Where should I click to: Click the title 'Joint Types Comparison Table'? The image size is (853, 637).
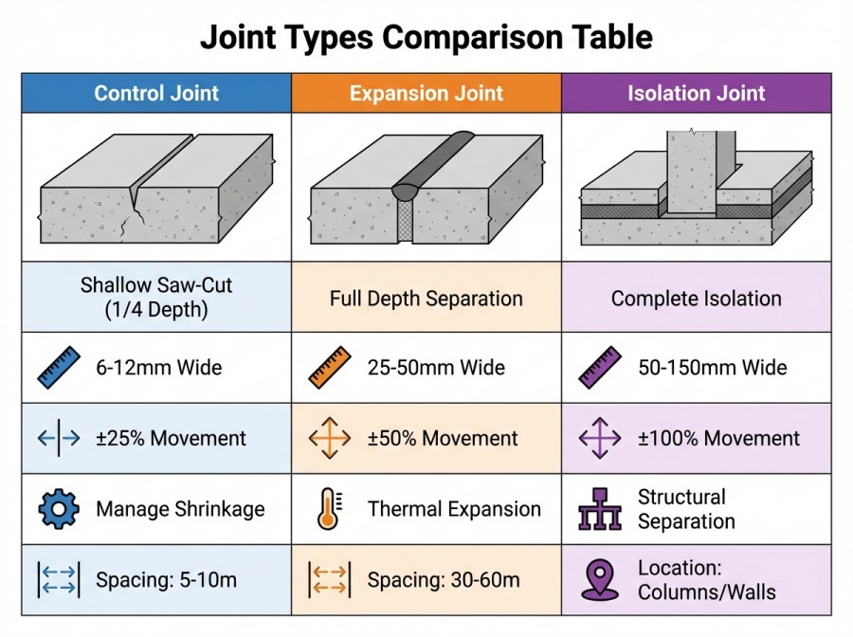click(x=426, y=37)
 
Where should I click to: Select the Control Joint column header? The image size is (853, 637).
click(x=156, y=93)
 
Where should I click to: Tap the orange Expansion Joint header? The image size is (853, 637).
click(x=426, y=93)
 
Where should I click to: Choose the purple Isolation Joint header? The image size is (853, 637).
click(x=696, y=93)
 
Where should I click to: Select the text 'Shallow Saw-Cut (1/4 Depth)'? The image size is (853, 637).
click(x=156, y=298)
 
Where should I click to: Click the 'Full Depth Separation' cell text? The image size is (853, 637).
click(x=426, y=299)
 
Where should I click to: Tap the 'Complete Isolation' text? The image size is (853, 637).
click(x=696, y=299)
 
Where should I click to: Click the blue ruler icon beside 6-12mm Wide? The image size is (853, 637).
click(x=59, y=368)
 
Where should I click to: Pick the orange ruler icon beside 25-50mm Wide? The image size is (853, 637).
click(x=329, y=368)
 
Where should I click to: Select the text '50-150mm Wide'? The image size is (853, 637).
click(x=713, y=368)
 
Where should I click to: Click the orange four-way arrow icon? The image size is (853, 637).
click(x=329, y=439)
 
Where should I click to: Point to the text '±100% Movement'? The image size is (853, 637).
click(x=719, y=439)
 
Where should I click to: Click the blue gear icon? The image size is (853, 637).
click(x=59, y=509)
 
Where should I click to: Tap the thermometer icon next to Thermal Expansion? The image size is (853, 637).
click(x=328, y=509)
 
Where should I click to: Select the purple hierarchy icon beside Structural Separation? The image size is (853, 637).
click(x=598, y=510)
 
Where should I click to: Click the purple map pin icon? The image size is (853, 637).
click(x=599, y=579)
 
